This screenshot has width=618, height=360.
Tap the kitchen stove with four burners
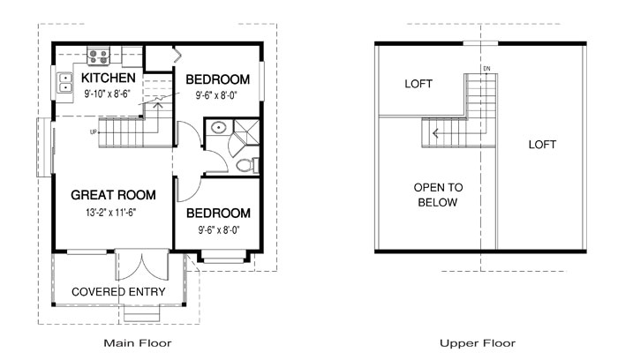point(98,56)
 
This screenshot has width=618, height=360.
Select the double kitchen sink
point(65,83)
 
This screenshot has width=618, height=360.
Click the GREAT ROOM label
point(114,195)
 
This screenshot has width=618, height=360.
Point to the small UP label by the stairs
point(93,132)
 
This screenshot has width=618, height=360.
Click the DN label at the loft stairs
point(486,69)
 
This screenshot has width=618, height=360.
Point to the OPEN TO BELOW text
point(437,195)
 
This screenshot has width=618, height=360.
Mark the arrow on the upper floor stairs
point(434,134)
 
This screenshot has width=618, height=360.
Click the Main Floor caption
point(138,342)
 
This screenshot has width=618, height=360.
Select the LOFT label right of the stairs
point(543,144)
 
